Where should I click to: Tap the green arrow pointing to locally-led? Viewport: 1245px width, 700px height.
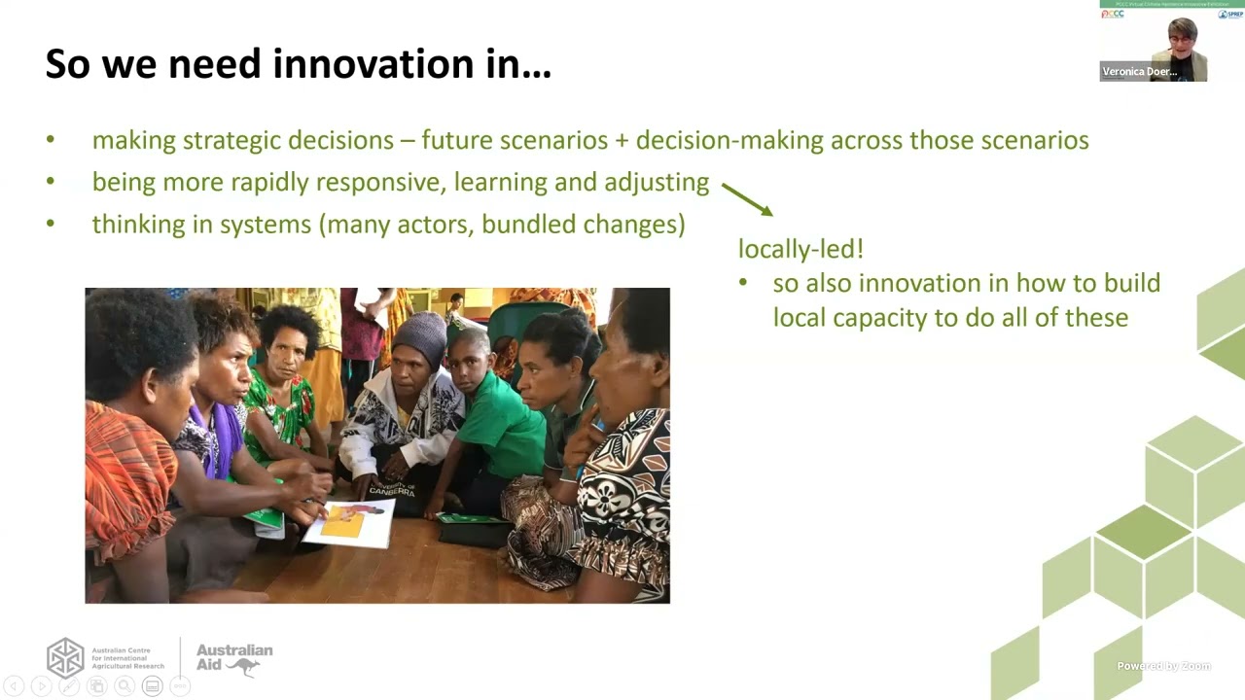tap(747, 198)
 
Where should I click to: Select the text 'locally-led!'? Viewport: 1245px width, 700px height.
tap(800, 249)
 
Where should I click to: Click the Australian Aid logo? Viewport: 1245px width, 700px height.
tap(233, 658)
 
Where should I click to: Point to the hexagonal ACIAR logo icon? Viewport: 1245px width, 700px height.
tap(66, 658)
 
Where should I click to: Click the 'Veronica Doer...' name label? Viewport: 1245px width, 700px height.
tap(1139, 72)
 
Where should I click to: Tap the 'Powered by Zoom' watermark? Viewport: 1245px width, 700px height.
tap(1163, 666)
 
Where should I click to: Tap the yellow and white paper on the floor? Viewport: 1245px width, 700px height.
tap(348, 522)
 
